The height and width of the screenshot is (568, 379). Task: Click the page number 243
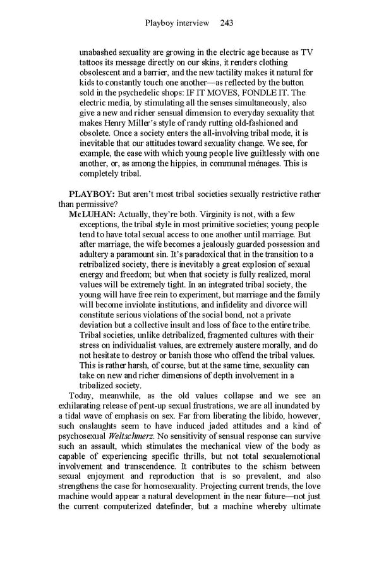point(227,23)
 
